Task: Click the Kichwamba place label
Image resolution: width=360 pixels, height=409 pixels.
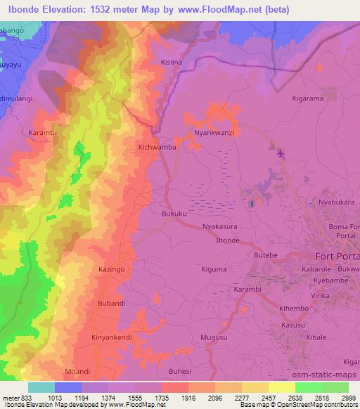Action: (x=157, y=148)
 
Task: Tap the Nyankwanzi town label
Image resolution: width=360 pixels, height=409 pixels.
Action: (x=214, y=132)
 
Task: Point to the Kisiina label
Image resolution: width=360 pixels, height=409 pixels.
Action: (x=173, y=62)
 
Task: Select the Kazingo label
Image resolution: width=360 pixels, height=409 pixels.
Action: (x=111, y=269)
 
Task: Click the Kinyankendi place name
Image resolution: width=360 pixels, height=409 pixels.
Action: (x=112, y=337)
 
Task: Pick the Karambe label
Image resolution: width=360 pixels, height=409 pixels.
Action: (x=42, y=131)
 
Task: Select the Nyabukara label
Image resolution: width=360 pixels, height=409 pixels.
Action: (x=335, y=202)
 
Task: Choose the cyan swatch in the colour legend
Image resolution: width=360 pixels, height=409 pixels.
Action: (x=41, y=387)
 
